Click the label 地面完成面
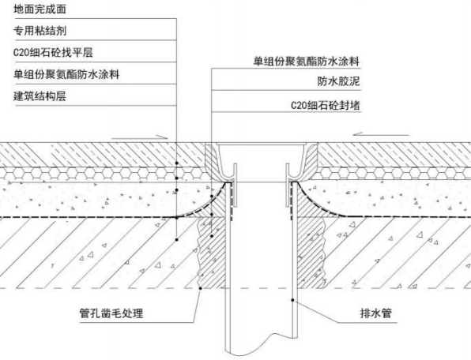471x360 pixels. pyautogui.click(x=40, y=9)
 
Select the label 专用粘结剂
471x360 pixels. pyautogui.click(x=40, y=31)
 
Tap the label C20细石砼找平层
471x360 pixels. pyautogui.click(x=53, y=52)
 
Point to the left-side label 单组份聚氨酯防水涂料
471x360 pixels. pyautogui.click(x=66, y=74)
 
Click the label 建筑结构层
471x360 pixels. pyautogui.click(x=40, y=96)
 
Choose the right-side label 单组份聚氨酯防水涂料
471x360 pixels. pyautogui.click(x=307, y=62)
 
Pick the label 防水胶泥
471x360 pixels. pyautogui.click(x=338, y=81)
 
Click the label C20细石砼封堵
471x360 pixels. pyautogui.click(x=326, y=105)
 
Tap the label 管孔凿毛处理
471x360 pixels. pyautogui.click(x=111, y=313)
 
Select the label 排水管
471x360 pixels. pyautogui.click(x=376, y=313)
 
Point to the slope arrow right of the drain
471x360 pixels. pyautogui.click(x=381, y=134)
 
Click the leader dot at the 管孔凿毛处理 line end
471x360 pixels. pyautogui.click(x=201, y=288)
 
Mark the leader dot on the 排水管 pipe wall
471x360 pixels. pyautogui.click(x=292, y=300)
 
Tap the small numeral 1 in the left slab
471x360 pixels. pyautogui.click(x=53, y=265)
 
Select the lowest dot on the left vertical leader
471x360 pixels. pyautogui.click(x=177, y=240)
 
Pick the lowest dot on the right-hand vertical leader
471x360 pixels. pyautogui.click(x=212, y=236)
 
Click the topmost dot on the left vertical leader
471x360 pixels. pyautogui.click(x=177, y=163)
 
